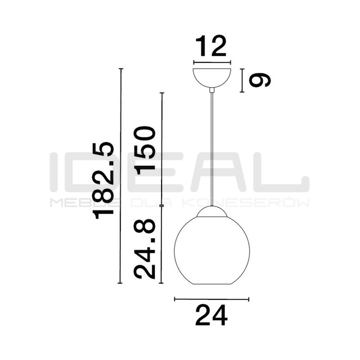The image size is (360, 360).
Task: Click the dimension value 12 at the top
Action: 211,46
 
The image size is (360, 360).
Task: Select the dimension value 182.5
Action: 103,180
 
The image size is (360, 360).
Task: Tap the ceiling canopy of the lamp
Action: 211,76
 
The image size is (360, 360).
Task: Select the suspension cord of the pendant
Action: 211,148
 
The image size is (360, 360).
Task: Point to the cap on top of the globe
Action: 211,211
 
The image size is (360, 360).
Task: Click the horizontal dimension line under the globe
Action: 211,299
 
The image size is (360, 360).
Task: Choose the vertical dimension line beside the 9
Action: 242,80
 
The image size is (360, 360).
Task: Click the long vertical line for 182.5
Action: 120,175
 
